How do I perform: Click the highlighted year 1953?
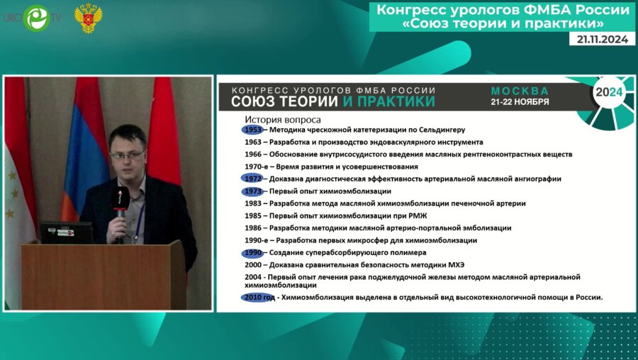tap(253, 130)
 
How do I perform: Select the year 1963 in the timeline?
tap(253, 142)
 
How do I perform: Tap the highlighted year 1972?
tap(253, 179)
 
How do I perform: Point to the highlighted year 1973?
tap(253, 191)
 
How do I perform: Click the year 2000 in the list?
tap(253, 265)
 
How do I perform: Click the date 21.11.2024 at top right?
tap(602, 39)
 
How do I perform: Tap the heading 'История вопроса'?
tap(283, 120)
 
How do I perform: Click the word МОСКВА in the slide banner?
tap(520, 91)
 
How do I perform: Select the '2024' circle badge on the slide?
tap(609, 92)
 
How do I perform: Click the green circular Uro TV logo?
tap(37, 18)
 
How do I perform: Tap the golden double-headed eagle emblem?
tap(89, 18)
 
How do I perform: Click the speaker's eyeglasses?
tap(128, 154)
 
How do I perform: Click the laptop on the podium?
tap(67, 232)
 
